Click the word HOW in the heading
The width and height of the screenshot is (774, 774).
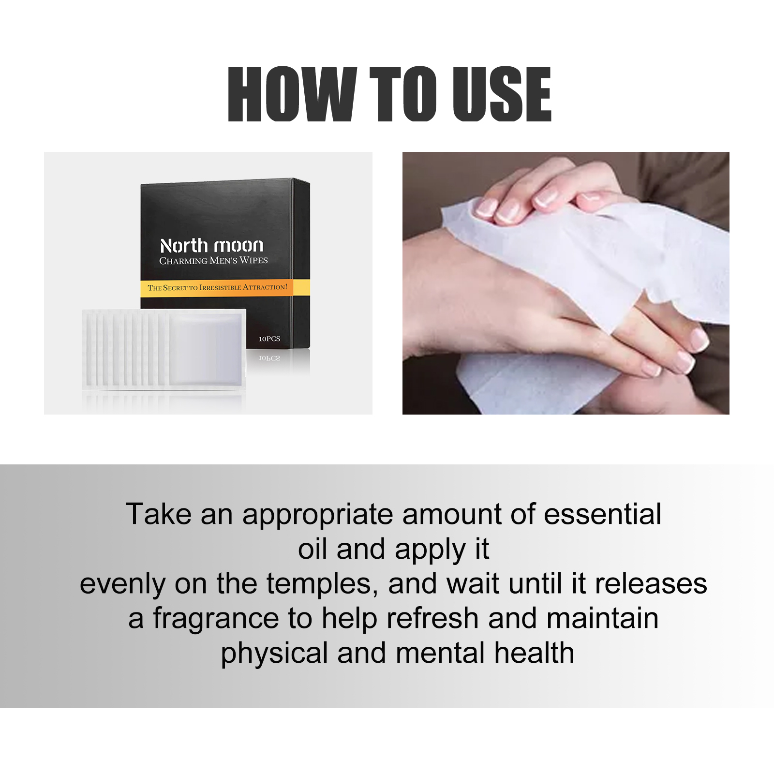pyautogui.click(x=292, y=94)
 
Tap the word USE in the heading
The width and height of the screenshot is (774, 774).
pyautogui.click(x=502, y=94)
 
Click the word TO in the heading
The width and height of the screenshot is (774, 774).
pyautogui.click(x=404, y=94)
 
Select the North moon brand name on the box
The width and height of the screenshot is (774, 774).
pyautogui.click(x=212, y=246)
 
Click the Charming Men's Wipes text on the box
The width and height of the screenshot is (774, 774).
pyautogui.click(x=213, y=261)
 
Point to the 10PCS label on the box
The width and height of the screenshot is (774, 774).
pyautogui.click(x=269, y=339)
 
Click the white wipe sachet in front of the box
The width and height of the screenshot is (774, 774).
pyautogui.click(x=164, y=348)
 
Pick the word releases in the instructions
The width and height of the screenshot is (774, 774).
pyautogui.click(x=651, y=584)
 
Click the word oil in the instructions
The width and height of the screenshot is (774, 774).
pyautogui.click(x=313, y=549)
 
